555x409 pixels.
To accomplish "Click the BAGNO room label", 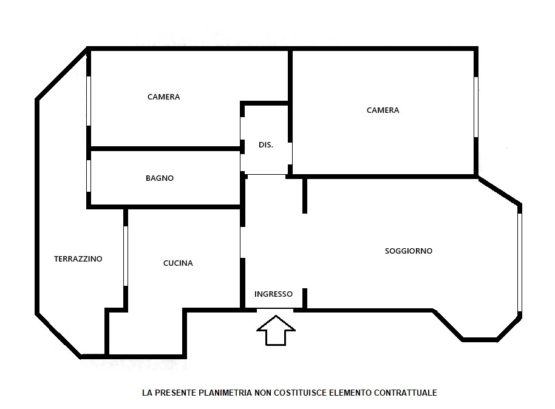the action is coord(160,178).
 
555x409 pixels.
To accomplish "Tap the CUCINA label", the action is coord(178,263).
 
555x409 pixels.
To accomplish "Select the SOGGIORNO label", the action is coord(409,251).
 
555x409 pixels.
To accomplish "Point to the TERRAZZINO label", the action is coord(78,259).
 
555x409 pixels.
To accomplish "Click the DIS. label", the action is coord(266,144).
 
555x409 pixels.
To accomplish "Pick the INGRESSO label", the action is coord(273,294).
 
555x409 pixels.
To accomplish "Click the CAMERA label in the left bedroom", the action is coord(163,96).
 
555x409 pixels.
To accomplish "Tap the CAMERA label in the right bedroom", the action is coord(383,110).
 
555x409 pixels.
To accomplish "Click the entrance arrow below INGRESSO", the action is coord(276,330).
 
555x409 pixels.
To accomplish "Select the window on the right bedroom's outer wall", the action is coord(476,107).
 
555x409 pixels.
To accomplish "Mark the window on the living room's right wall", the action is coord(520,262).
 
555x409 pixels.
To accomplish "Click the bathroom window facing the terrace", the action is coord(89,176).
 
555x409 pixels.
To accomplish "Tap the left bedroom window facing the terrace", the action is coord(89,101).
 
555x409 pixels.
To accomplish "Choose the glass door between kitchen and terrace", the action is coord(125,256).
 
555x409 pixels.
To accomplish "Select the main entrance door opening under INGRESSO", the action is coord(275,310).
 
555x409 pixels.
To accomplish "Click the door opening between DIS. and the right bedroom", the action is coord(290,154).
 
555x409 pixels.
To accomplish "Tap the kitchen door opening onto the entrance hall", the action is coord(242,242).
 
